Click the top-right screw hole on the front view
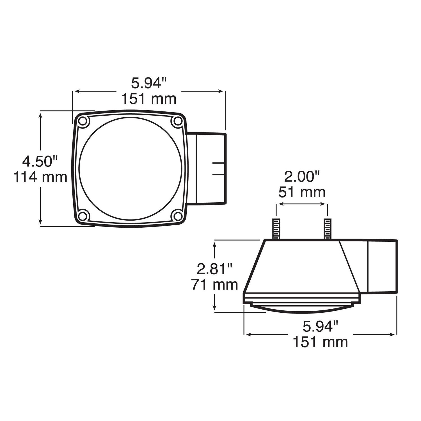point(177,121)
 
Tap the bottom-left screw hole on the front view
point(83,216)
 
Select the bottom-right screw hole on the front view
point(177,216)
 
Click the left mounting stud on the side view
point(276,229)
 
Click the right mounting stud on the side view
point(328,229)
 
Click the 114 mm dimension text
point(40,177)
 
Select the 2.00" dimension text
point(302,177)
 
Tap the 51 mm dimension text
point(302,193)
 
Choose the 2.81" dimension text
point(215,269)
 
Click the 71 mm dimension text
point(215,285)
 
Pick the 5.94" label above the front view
point(149,83)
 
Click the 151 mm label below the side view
point(320,342)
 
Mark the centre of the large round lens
point(131,169)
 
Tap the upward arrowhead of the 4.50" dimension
point(41,114)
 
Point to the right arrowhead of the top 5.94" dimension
point(222,91)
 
